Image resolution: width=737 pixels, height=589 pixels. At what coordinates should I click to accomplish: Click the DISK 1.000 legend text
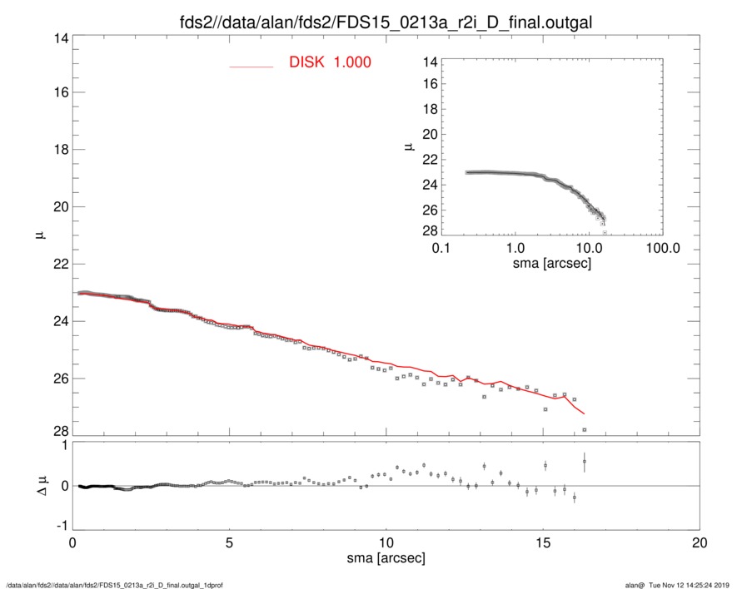(330, 62)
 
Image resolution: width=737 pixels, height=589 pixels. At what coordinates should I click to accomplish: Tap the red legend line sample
(251, 66)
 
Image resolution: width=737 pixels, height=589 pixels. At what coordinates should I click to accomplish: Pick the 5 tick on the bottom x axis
(229, 542)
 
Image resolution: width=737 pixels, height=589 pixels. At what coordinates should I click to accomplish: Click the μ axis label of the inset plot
(408, 146)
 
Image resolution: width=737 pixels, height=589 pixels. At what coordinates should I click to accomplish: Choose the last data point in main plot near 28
(585, 429)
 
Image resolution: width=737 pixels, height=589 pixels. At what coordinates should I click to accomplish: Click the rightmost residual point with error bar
(585, 461)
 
